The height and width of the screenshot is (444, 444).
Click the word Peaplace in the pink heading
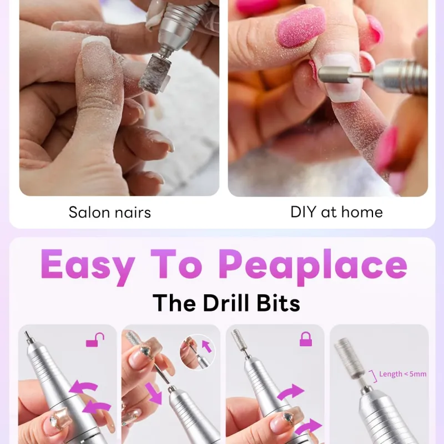coord(313,266)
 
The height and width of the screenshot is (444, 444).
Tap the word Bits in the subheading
coord(278,303)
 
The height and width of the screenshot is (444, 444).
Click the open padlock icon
coord(95,340)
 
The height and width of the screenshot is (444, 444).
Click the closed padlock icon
coord(306,339)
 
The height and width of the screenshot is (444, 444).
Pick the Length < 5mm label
coord(403,374)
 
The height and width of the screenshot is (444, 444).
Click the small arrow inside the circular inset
coord(206,346)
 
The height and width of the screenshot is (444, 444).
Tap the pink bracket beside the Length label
coord(374,377)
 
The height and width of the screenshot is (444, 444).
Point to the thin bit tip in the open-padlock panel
coord(27,336)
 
